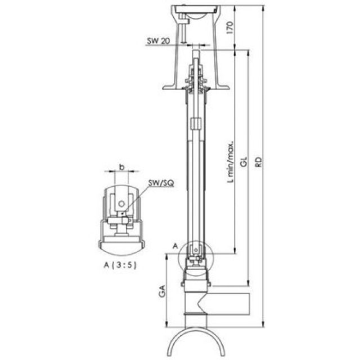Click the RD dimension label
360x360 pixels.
click(x=258, y=164)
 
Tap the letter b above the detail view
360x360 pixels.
click(x=121, y=167)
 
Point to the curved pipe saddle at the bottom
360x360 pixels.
click(x=196, y=340)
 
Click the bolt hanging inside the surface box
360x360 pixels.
click(x=184, y=31)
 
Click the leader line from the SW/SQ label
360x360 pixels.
click(x=138, y=197)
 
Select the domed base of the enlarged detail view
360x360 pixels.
click(x=121, y=245)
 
